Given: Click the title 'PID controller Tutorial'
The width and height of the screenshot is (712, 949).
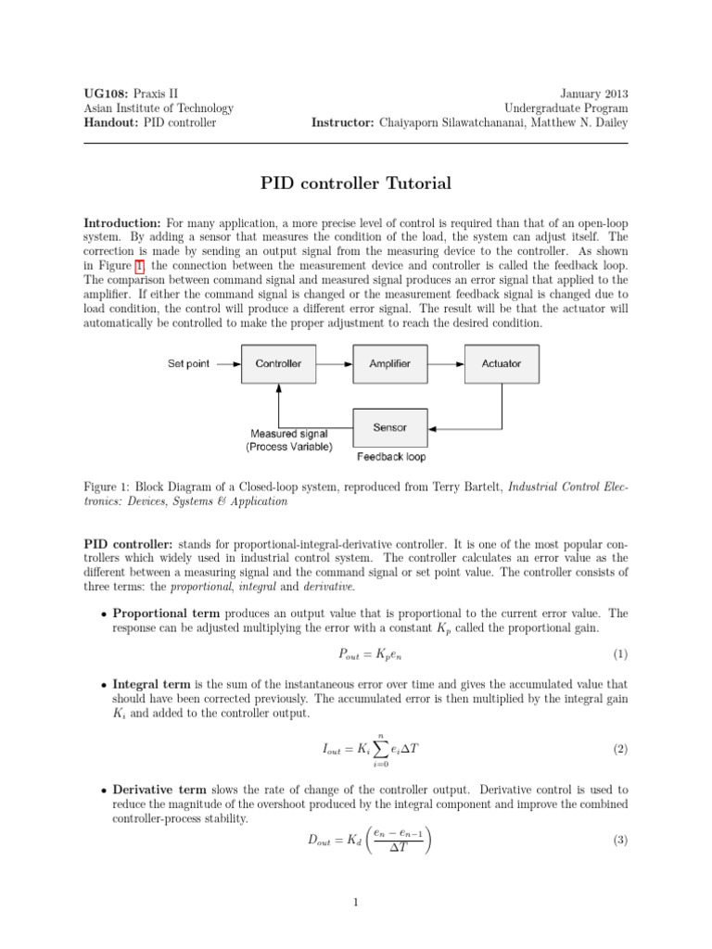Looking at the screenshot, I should click(356, 183).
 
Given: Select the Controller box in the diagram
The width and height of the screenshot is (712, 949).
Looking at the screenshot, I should click(278, 363).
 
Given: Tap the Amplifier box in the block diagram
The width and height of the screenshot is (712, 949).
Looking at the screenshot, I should click(389, 363).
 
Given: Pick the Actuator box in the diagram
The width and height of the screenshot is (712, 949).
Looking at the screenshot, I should click(502, 363).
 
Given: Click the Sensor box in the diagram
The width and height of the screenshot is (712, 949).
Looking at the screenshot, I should click(389, 428).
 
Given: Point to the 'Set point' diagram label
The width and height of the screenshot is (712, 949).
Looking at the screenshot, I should click(188, 363).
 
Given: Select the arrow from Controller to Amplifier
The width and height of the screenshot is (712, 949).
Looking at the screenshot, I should click(334, 363).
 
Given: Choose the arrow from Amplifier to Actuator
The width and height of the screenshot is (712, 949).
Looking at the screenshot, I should click(446, 363).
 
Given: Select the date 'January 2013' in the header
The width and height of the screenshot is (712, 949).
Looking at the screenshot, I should click(594, 94).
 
